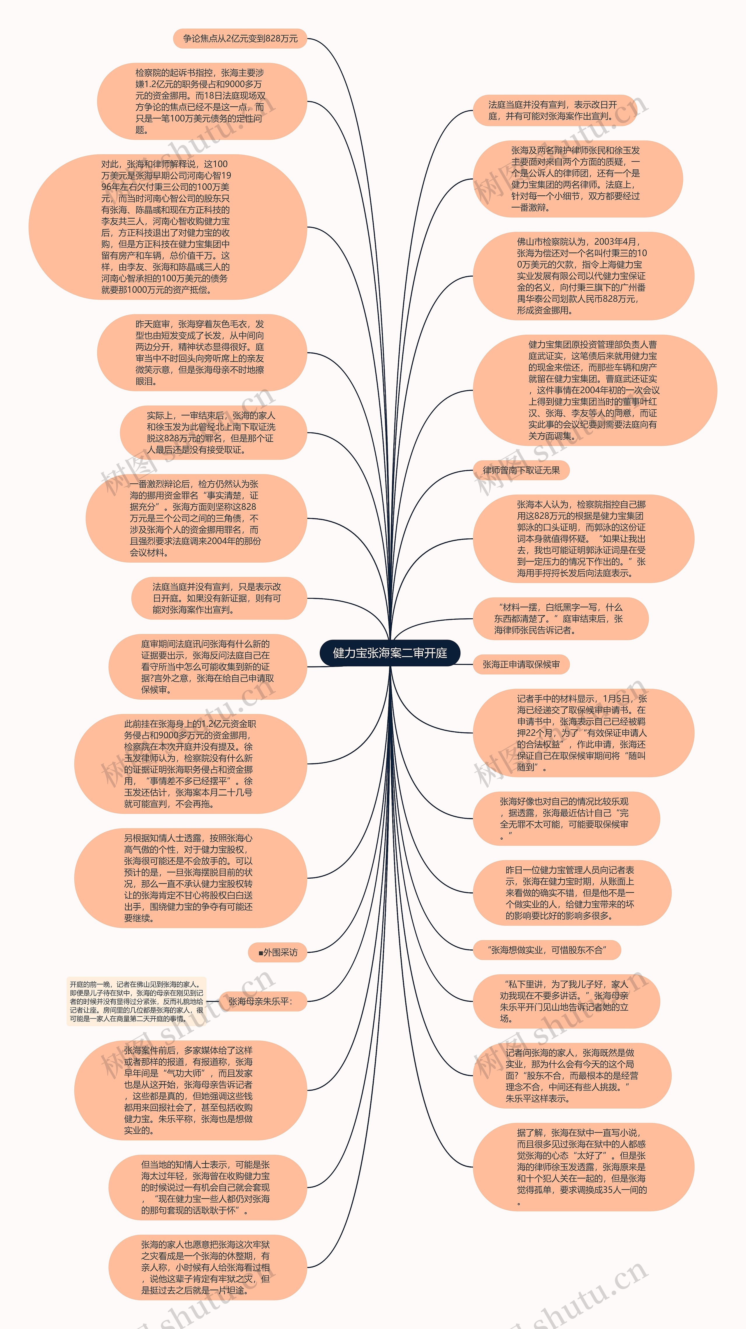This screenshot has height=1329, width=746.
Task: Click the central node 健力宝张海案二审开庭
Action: [x=390, y=653]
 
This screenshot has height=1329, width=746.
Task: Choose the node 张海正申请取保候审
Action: [x=521, y=665]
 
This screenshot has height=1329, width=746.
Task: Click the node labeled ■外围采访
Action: [x=277, y=952]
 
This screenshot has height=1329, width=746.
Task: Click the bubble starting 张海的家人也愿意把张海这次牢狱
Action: [x=206, y=1267]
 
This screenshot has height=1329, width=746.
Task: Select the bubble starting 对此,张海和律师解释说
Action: [x=168, y=227]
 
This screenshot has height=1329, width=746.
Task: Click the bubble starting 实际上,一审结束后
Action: [x=212, y=432]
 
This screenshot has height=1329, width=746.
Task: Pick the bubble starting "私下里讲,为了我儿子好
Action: [x=565, y=1001]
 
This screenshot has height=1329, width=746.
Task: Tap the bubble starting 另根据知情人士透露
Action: [x=190, y=878]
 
